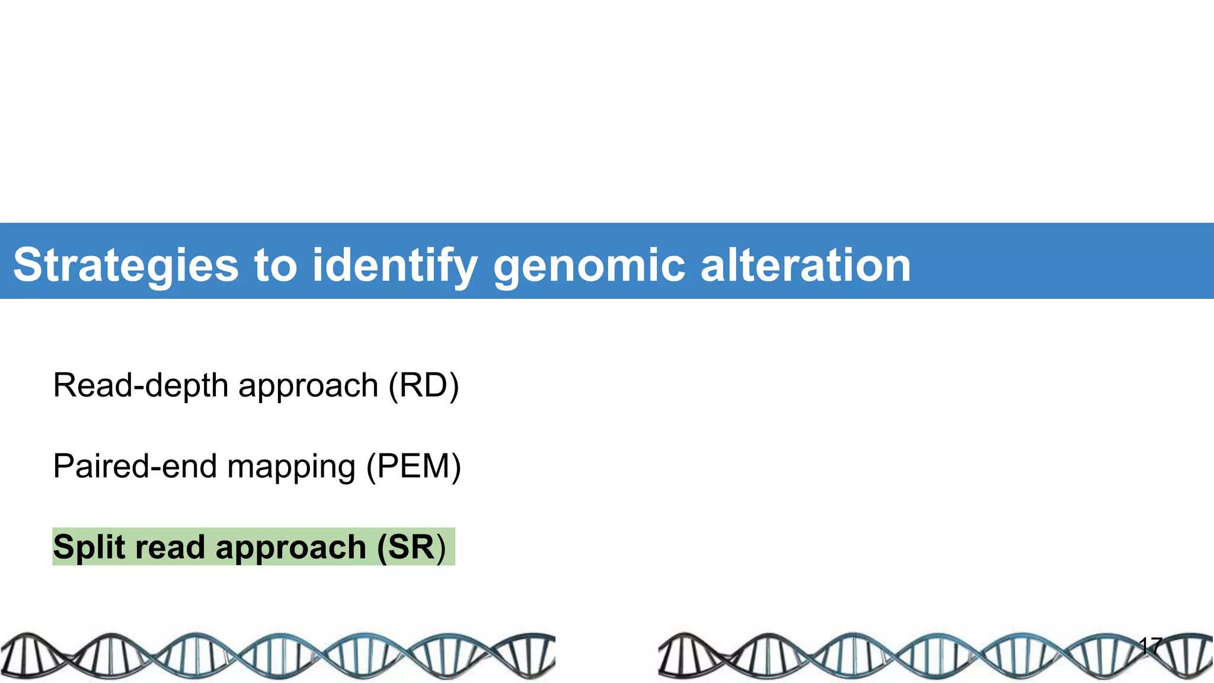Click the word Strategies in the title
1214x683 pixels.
point(126,265)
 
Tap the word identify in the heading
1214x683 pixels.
point(394,265)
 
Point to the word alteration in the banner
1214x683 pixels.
point(805,265)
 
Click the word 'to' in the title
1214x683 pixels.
point(275,265)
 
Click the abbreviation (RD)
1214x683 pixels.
point(423,385)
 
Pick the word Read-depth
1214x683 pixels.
point(140,385)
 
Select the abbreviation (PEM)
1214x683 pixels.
point(413,466)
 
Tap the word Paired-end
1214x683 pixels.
point(135,466)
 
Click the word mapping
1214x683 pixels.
point(291,466)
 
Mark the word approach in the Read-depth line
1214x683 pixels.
point(308,387)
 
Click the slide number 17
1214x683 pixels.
point(1151,646)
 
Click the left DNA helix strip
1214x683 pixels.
point(277,655)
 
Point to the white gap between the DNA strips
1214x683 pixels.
point(606,655)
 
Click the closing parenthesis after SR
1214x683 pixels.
point(440,547)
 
